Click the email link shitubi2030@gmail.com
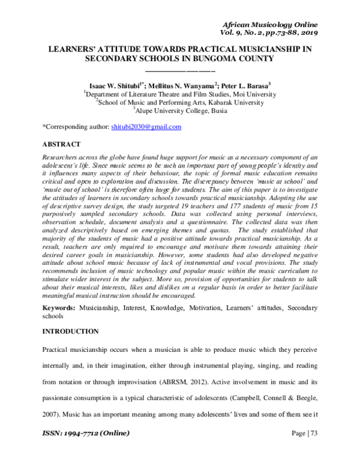click(146, 127)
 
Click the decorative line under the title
click(179, 71)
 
